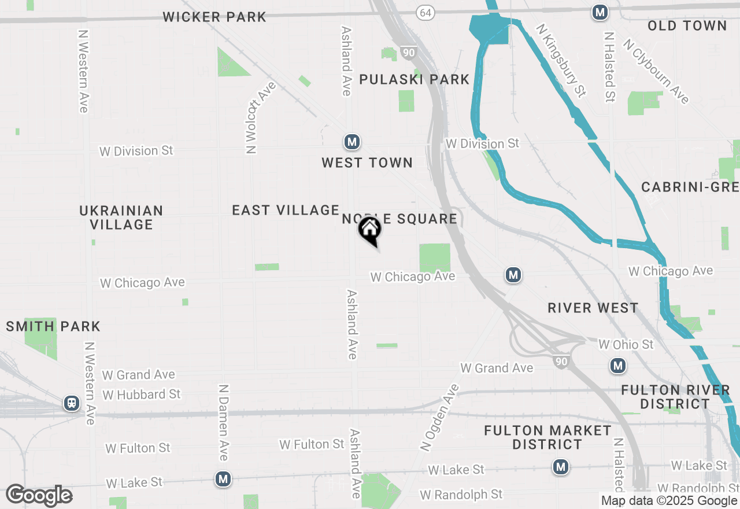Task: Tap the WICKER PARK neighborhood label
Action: click(214, 17)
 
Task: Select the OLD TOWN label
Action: click(687, 25)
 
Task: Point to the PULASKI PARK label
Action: click(414, 79)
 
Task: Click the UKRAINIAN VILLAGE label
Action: click(121, 217)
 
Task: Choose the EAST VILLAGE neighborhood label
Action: click(286, 210)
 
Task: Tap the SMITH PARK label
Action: click(53, 326)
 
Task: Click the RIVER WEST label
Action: click(593, 308)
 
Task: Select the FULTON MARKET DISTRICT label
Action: click(547, 437)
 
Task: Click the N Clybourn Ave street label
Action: click(656, 71)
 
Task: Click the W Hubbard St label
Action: click(142, 394)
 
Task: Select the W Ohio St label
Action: click(626, 344)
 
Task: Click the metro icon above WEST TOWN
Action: click(351, 142)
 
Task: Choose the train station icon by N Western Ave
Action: click(72, 403)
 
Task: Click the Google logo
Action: click(39, 495)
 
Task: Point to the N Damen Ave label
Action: click(223, 422)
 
